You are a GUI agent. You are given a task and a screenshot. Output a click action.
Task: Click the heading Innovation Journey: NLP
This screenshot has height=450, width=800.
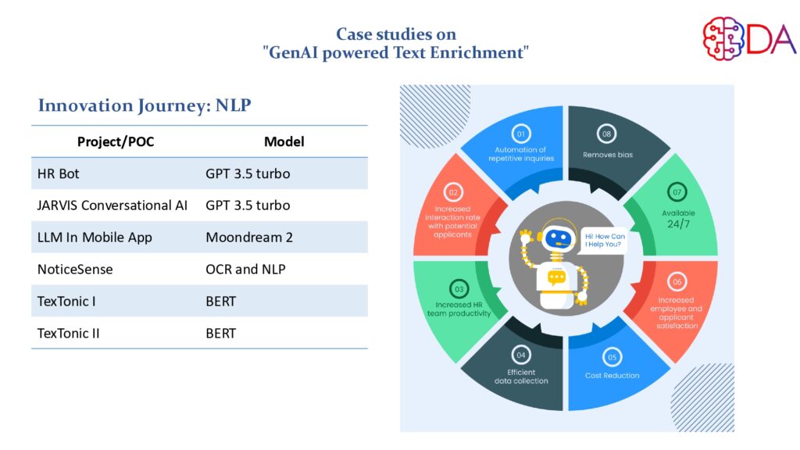(145, 105)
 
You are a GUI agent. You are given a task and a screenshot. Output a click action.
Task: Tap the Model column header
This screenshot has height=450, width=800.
(284, 141)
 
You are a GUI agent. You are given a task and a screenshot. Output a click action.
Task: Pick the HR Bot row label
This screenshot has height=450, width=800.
(58, 173)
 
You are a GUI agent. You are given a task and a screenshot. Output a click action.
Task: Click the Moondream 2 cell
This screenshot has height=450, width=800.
(249, 237)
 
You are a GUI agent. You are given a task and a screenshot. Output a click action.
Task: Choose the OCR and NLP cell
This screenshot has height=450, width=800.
(245, 269)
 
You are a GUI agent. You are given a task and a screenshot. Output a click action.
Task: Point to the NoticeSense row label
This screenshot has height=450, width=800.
(75, 269)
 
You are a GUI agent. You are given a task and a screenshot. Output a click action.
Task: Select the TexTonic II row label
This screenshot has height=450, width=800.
(69, 333)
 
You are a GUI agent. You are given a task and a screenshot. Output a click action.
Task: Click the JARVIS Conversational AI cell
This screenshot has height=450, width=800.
(112, 205)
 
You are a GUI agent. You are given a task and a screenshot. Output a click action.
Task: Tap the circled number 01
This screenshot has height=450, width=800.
(521, 133)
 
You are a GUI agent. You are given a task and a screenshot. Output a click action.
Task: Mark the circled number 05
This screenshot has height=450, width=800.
(612, 358)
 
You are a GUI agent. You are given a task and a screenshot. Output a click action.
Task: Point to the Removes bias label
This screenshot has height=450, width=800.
(608, 155)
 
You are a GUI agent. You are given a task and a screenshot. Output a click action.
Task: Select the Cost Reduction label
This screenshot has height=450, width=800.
(612, 376)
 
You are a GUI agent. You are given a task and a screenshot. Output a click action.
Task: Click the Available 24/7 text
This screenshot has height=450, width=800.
(678, 218)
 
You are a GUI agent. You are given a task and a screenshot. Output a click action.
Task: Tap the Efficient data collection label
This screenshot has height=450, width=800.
(521, 377)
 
